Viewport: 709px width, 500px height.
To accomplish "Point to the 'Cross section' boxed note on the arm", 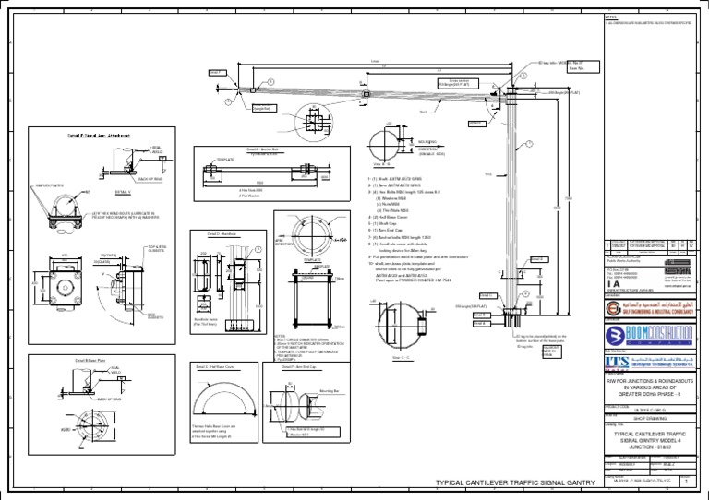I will (x=458, y=82).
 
